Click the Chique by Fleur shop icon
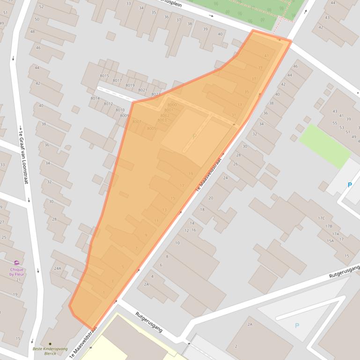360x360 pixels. pyautogui.click(x=16, y=263)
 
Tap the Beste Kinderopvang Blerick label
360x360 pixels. pyautogui.click(x=50, y=351)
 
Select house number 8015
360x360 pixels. pyautogui.click(x=104, y=76)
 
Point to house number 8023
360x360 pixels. pyautogui.click(x=156, y=94)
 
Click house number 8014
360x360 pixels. pyautogui.click(x=95, y=98)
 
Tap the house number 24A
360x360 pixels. pyautogui.click(x=58, y=268)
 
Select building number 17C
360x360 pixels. pyautogui.click(x=321, y=218)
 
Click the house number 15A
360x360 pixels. pyautogui.click(x=331, y=241)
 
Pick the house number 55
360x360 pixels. pyautogui.click(x=334, y=123)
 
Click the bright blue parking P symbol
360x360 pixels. pyautogui.click(x=349, y=185)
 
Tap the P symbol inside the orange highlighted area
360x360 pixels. pyautogui.click(x=194, y=136)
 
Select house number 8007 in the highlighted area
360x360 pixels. pyautogui.click(x=137, y=122)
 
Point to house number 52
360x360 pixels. pyautogui.click(x=41, y=7)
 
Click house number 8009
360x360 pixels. pyautogui.click(x=124, y=115)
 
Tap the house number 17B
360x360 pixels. pyautogui.click(x=328, y=226)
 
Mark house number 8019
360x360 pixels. pyautogui.click(x=130, y=85)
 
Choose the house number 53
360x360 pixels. pyautogui.click(x=341, y=127)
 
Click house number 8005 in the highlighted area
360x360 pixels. pyautogui.click(x=151, y=128)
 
